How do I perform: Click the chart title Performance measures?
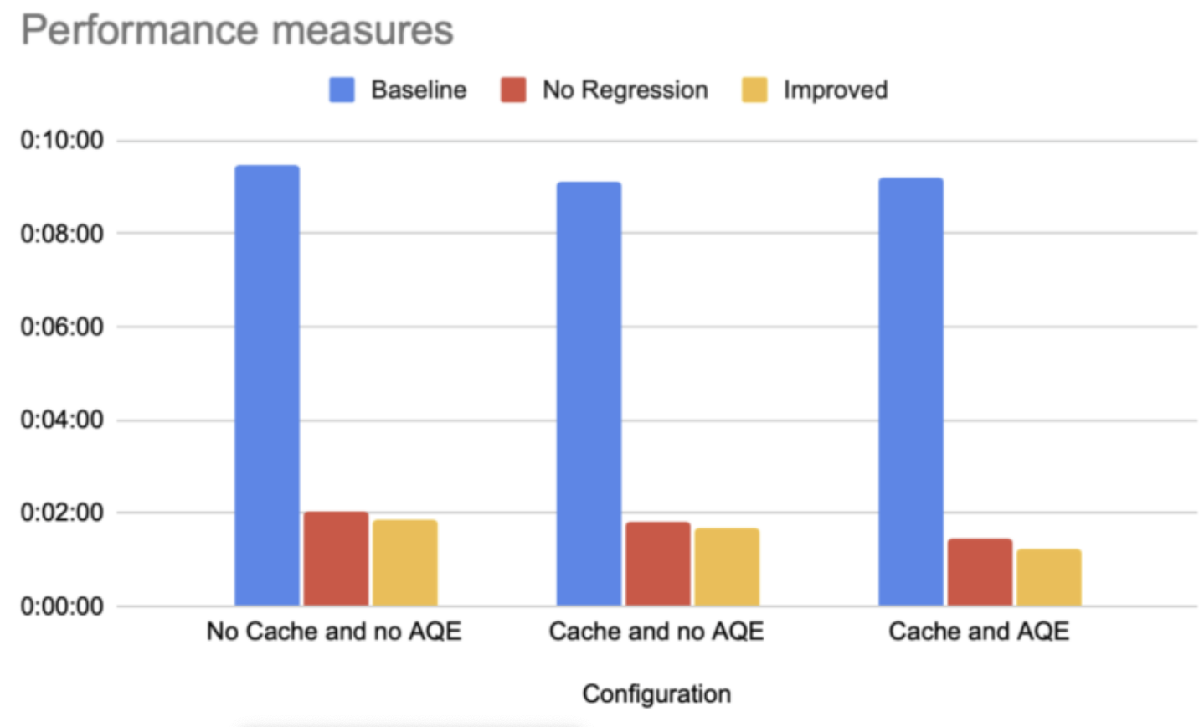pos(237,30)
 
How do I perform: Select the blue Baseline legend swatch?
pos(342,90)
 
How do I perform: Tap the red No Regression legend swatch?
pos(513,90)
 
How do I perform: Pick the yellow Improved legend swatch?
pos(754,90)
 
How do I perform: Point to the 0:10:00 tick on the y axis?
pos(62,140)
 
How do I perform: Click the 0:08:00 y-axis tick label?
pos(62,234)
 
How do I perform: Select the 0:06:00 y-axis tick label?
pos(62,327)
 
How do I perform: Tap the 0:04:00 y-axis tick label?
pos(62,420)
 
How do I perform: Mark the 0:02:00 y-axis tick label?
pos(62,513)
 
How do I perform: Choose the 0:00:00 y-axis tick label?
pos(62,606)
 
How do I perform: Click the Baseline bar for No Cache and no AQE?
pos(267,385)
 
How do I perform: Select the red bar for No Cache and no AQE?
pos(336,559)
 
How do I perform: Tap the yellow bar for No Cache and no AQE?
pos(405,563)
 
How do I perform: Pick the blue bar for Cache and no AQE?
pos(589,394)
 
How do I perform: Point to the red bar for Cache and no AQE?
pos(658,564)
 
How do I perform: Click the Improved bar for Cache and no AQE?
pos(727,567)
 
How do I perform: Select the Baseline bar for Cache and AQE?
pos(911,391)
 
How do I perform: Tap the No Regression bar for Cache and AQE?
pos(980,572)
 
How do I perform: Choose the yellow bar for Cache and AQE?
pos(1049,577)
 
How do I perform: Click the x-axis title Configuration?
pos(656,693)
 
